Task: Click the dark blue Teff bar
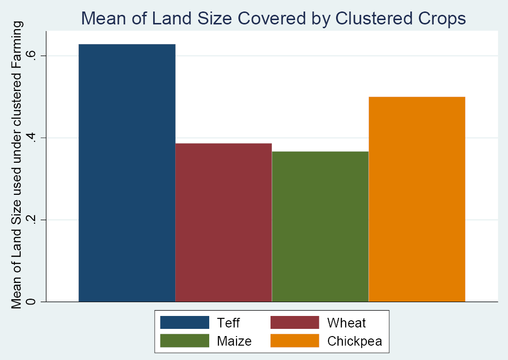(127, 173)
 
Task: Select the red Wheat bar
(224, 222)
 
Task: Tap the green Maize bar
(320, 226)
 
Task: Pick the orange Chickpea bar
(417, 199)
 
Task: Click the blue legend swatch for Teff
(185, 322)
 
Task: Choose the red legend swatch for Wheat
(295, 322)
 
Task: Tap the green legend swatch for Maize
(185, 340)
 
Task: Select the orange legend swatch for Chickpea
(295, 340)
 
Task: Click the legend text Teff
(228, 323)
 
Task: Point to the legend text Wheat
(346, 323)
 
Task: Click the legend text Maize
(234, 341)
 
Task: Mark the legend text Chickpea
(355, 341)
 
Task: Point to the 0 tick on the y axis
(32, 302)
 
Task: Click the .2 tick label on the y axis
(32, 220)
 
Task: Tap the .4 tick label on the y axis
(32, 138)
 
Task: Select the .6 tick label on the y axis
(32, 56)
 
